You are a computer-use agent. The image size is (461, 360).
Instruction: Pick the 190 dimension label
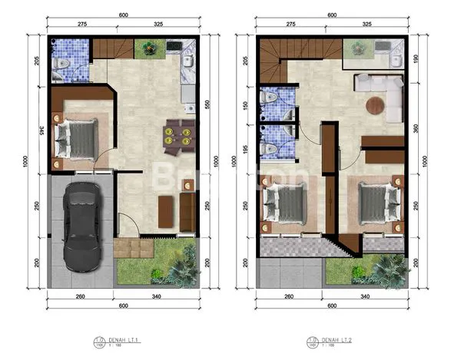pos(416,60)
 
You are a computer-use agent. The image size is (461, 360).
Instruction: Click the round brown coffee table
pos(375,106)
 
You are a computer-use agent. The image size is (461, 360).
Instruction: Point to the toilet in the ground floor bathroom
pos(64,62)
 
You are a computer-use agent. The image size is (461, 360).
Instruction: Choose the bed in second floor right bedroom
pos(379,202)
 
